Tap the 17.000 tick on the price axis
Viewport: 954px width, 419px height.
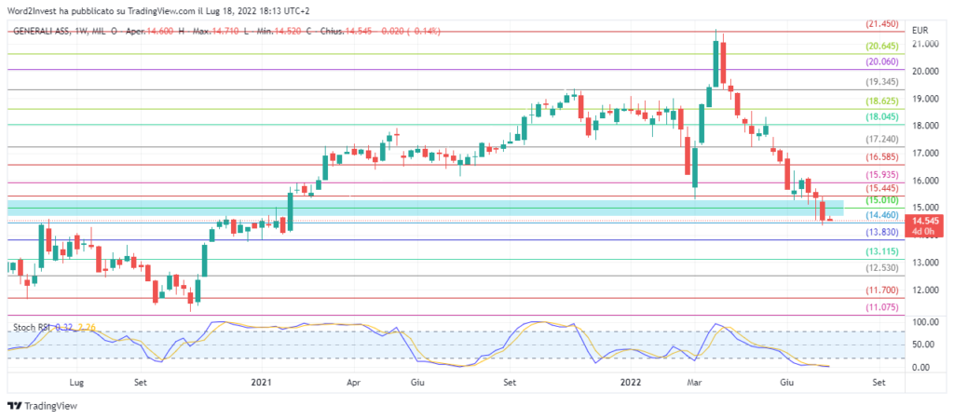[925, 153]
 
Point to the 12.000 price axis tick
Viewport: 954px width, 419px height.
[925, 291]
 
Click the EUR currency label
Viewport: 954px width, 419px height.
[921, 30]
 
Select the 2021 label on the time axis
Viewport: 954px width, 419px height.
[262, 382]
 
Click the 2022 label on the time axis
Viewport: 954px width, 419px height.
[631, 382]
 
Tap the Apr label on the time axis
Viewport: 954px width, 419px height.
[353, 382]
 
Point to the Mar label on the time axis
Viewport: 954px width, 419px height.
[693, 382]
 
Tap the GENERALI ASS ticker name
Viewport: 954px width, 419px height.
[45, 31]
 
